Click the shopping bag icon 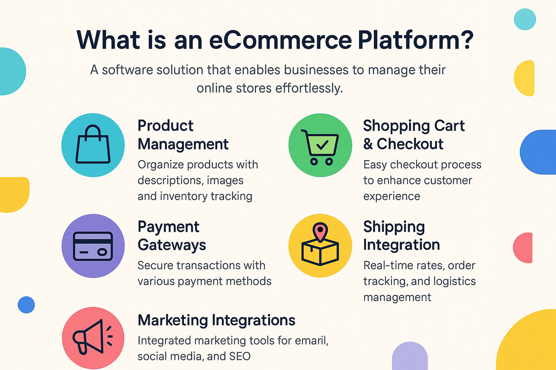[93, 144]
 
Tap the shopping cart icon [320, 147]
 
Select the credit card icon [93, 247]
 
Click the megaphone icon [92, 337]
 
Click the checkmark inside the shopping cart [322, 145]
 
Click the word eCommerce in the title [280, 40]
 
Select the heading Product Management [183, 135]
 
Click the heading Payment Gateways [172, 236]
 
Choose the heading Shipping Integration [401, 236]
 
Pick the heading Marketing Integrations [216, 320]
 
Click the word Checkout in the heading [410, 144]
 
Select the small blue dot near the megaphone [26, 305]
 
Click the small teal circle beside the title [525, 19]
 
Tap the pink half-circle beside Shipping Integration [523, 247]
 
